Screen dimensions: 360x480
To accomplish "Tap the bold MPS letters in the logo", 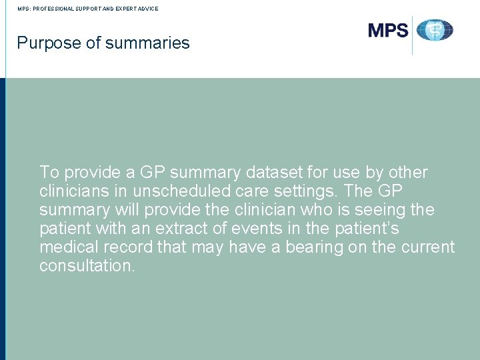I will click(388, 30).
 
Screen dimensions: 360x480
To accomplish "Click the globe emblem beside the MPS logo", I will click(435, 30).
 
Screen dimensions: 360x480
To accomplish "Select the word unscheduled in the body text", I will click(162, 191).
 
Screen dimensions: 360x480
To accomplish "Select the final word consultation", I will click(87, 266).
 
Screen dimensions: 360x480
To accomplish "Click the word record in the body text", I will click(129, 247).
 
